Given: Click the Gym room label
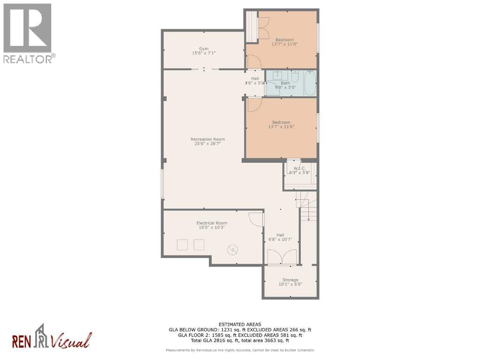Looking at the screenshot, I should pyautogui.click(x=203, y=48).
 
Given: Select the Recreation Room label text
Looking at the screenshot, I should pyautogui.click(x=207, y=139).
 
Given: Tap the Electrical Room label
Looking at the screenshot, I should pyautogui.click(x=212, y=223).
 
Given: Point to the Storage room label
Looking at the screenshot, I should pyautogui.click(x=290, y=280).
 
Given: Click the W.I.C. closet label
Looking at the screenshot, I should pyautogui.click(x=299, y=168).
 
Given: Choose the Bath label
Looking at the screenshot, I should pyautogui.click(x=279, y=83).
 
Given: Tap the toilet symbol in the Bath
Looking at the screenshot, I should pyautogui.click(x=295, y=75).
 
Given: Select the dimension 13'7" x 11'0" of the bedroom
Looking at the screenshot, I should pyautogui.click(x=285, y=44).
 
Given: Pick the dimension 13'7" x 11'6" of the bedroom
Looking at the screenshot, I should pyautogui.click(x=281, y=127).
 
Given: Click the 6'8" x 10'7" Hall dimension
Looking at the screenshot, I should pyautogui.click(x=280, y=239).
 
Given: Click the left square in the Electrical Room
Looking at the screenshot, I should pyautogui.click(x=182, y=245).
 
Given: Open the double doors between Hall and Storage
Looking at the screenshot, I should pyautogui.click(x=282, y=257).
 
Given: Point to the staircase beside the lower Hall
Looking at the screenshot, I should pyautogui.click(x=307, y=206).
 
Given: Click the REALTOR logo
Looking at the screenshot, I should pyautogui.click(x=28, y=33).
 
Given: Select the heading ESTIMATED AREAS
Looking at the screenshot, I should pyautogui.click(x=240, y=324).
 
